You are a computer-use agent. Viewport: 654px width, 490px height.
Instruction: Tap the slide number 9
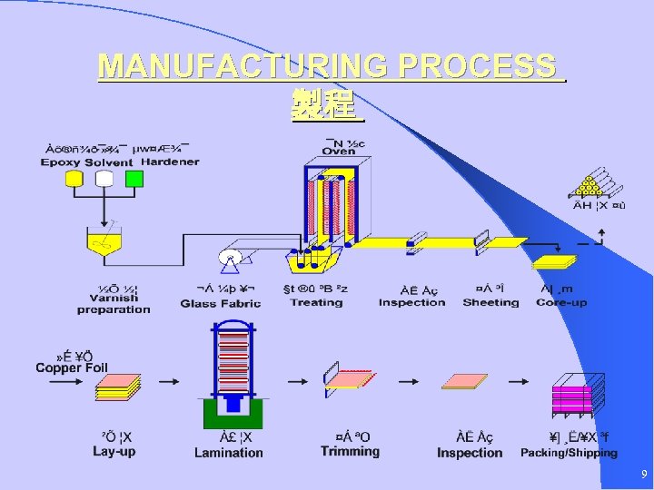click(643, 475)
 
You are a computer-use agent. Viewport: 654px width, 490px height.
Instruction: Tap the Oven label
click(339, 152)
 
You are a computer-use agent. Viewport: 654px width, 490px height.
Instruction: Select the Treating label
click(316, 302)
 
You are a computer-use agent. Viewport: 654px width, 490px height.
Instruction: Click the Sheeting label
click(490, 302)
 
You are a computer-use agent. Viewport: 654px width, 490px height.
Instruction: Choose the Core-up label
click(561, 302)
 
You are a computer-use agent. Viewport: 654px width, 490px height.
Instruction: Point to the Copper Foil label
click(72, 367)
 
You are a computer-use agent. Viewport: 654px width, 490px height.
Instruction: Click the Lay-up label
click(114, 452)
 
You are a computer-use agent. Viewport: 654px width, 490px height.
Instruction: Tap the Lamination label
click(229, 452)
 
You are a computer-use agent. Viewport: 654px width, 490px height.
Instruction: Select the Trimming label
click(350, 451)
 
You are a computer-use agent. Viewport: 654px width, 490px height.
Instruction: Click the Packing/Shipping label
click(569, 452)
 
